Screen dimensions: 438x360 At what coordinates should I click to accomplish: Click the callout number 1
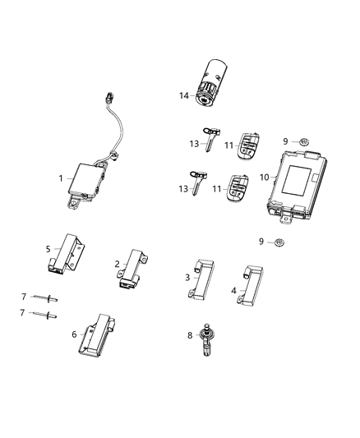[x=60, y=178]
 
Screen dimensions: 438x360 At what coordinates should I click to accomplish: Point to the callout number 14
[x=185, y=95]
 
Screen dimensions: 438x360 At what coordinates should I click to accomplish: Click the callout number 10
[x=265, y=177]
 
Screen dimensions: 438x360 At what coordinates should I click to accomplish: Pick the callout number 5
[x=48, y=247]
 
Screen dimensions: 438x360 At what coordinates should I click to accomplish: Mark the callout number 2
[x=117, y=264]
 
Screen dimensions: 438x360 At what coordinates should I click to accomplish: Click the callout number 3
[x=187, y=279]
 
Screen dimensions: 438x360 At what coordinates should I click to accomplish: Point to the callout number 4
[x=233, y=290]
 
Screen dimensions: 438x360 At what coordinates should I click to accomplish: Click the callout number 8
[x=190, y=336]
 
